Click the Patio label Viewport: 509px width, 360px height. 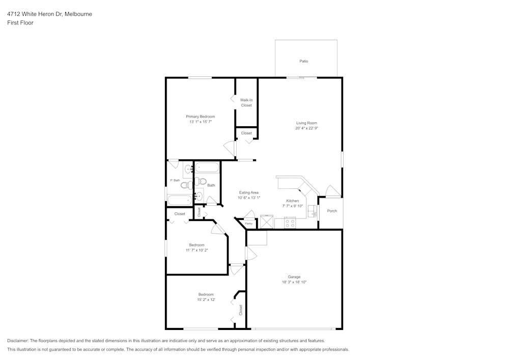click(x=303, y=61)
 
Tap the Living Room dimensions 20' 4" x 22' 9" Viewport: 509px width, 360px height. click(x=306, y=129)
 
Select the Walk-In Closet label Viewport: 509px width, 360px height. click(x=246, y=102)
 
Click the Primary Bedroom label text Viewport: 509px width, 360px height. click(x=200, y=117)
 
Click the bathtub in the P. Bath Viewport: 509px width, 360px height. click(x=179, y=200)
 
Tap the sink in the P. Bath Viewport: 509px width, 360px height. click(x=187, y=169)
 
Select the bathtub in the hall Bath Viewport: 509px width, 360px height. click(x=207, y=168)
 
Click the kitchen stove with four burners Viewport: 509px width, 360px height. click(x=290, y=223)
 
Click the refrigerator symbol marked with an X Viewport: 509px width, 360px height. click(x=267, y=222)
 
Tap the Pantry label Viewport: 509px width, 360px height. click(x=249, y=224)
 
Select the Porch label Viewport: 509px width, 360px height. click(x=332, y=211)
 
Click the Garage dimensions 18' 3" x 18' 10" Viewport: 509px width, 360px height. click(x=294, y=282)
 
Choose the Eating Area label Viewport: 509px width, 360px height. click(x=249, y=192)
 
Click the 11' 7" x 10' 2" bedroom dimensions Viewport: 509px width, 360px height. click(x=197, y=250)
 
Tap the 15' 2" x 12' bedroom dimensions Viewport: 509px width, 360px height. click(x=206, y=300)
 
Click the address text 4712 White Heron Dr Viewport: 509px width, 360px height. click(x=35, y=14)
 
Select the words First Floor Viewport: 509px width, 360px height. click(x=20, y=23)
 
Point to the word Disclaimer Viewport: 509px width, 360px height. click(x=18, y=341)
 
